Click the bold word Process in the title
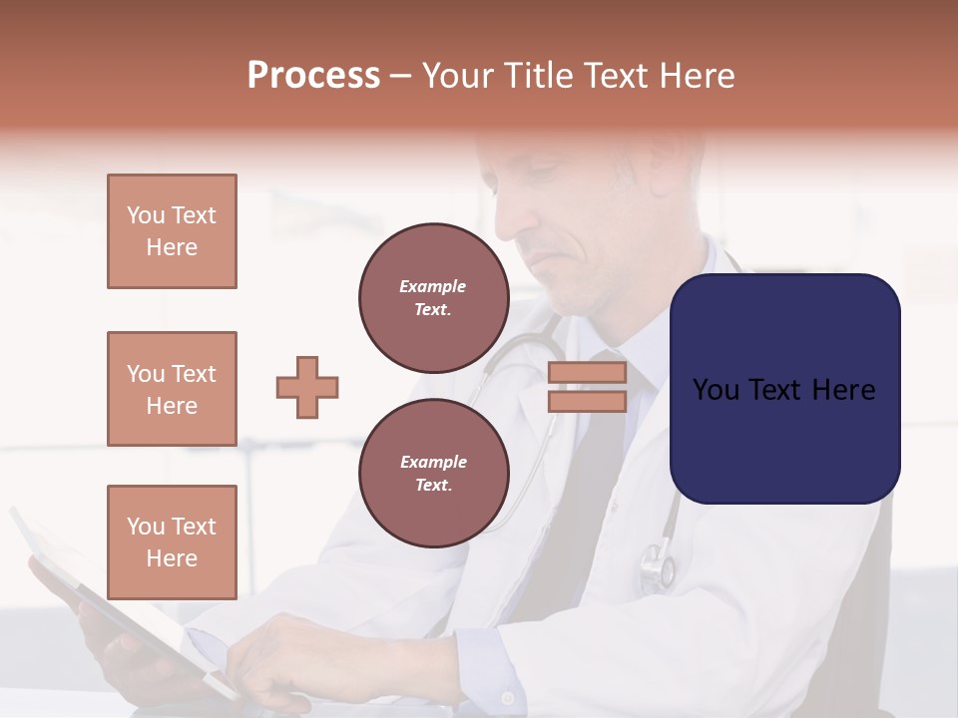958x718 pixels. tap(313, 76)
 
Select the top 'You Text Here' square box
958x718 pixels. tap(172, 231)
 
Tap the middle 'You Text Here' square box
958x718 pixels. tap(172, 389)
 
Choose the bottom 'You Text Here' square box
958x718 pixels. tap(172, 541)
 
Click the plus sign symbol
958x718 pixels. tap(307, 387)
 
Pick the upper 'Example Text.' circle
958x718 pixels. tap(434, 298)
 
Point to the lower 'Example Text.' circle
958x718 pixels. tap(434, 473)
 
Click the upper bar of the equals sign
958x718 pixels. tap(587, 373)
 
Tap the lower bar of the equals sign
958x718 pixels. tap(587, 401)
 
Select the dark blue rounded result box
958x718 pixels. tap(785, 389)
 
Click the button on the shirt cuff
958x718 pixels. tap(508, 697)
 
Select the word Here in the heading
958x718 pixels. tap(695, 76)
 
